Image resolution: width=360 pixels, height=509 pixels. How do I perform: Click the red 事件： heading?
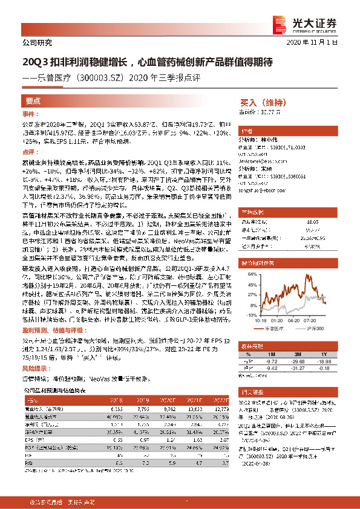click(31, 114)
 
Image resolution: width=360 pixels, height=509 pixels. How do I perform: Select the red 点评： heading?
click(31, 154)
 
